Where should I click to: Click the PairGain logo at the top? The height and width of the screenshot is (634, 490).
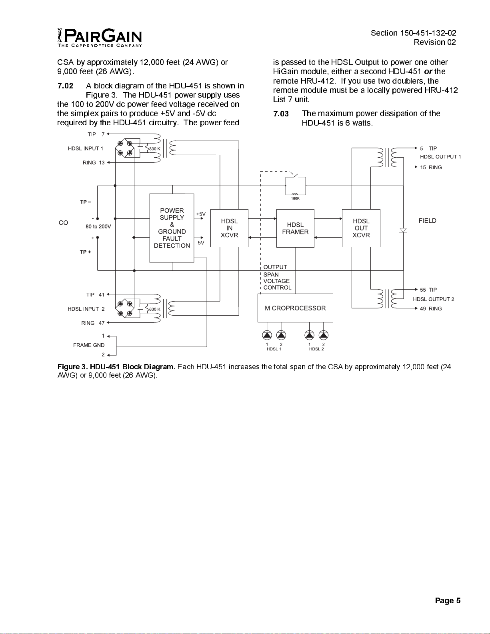pyautogui.click(x=100, y=38)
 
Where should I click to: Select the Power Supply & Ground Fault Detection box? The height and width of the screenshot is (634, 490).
pyautogui.click(x=172, y=228)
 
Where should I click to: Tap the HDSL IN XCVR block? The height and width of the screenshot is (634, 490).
pyautogui.click(x=229, y=228)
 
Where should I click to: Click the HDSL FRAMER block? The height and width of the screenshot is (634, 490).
pyautogui.click(x=295, y=228)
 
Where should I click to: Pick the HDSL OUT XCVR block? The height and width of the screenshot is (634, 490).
pyautogui.click(x=361, y=228)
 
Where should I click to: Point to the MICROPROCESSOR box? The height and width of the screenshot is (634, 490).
pyautogui.click(x=295, y=308)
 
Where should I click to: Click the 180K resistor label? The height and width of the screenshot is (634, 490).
pyautogui.click(x=295, y=199)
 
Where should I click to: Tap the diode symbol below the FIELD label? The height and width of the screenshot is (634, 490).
pyautogui.click(x=403, y=230)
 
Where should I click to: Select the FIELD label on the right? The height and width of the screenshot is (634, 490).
pyautogui.click(x=427, y=221)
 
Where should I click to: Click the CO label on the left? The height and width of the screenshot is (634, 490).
pyautogui.click(x=63, y=223)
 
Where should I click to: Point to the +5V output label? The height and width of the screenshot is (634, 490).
pyautogui.click(x=201, y=214)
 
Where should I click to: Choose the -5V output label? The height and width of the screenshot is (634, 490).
pyautogui.click(x=200, y=243)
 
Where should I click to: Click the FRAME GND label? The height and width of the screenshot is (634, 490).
pyautogui.click(x=89, y=345)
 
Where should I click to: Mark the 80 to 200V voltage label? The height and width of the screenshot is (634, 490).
pyautogui.click(x=98, y=227)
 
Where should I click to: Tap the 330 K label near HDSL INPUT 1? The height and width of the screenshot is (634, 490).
pyautogui.click(x=154, y=149)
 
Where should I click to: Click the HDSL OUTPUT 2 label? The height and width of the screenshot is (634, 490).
pyautogui.click(x=434, y=299)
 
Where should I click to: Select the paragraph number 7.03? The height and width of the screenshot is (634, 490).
pyautogui.click(x=281, y=114)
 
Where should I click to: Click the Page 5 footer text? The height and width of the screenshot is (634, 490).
pyautogui.click(x=448, y=600)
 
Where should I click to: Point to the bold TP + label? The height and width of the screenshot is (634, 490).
pyautogui.click(x=86, y=252)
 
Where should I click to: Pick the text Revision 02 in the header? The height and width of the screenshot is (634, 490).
pyautogui.click(x=434, y=42)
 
